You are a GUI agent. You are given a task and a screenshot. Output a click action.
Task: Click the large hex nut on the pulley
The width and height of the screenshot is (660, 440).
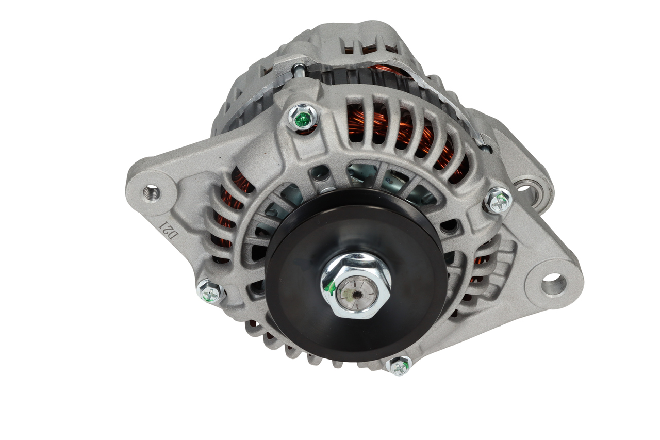356,285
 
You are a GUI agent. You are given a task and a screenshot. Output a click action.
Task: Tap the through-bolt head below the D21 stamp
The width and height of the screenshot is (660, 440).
211,292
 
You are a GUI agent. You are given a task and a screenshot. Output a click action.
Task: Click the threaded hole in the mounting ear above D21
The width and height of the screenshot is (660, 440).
151,193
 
